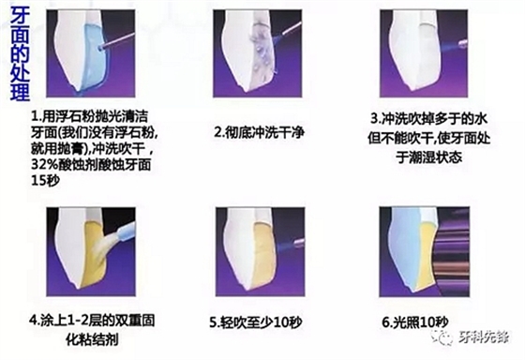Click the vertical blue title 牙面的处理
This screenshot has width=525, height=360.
pos(20,53)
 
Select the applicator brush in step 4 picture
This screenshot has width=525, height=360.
pos(117,234)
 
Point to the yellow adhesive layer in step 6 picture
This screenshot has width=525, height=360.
pos(426,254)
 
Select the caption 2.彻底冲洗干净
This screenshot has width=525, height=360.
pos(259,132)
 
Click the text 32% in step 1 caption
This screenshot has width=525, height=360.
pos(44,164)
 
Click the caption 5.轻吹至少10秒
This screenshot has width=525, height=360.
pos(256,322)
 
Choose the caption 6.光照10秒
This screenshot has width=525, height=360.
pos(414,322)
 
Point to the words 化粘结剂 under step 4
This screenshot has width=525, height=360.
pos(92,340)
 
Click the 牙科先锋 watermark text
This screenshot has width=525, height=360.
pos(485,337)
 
